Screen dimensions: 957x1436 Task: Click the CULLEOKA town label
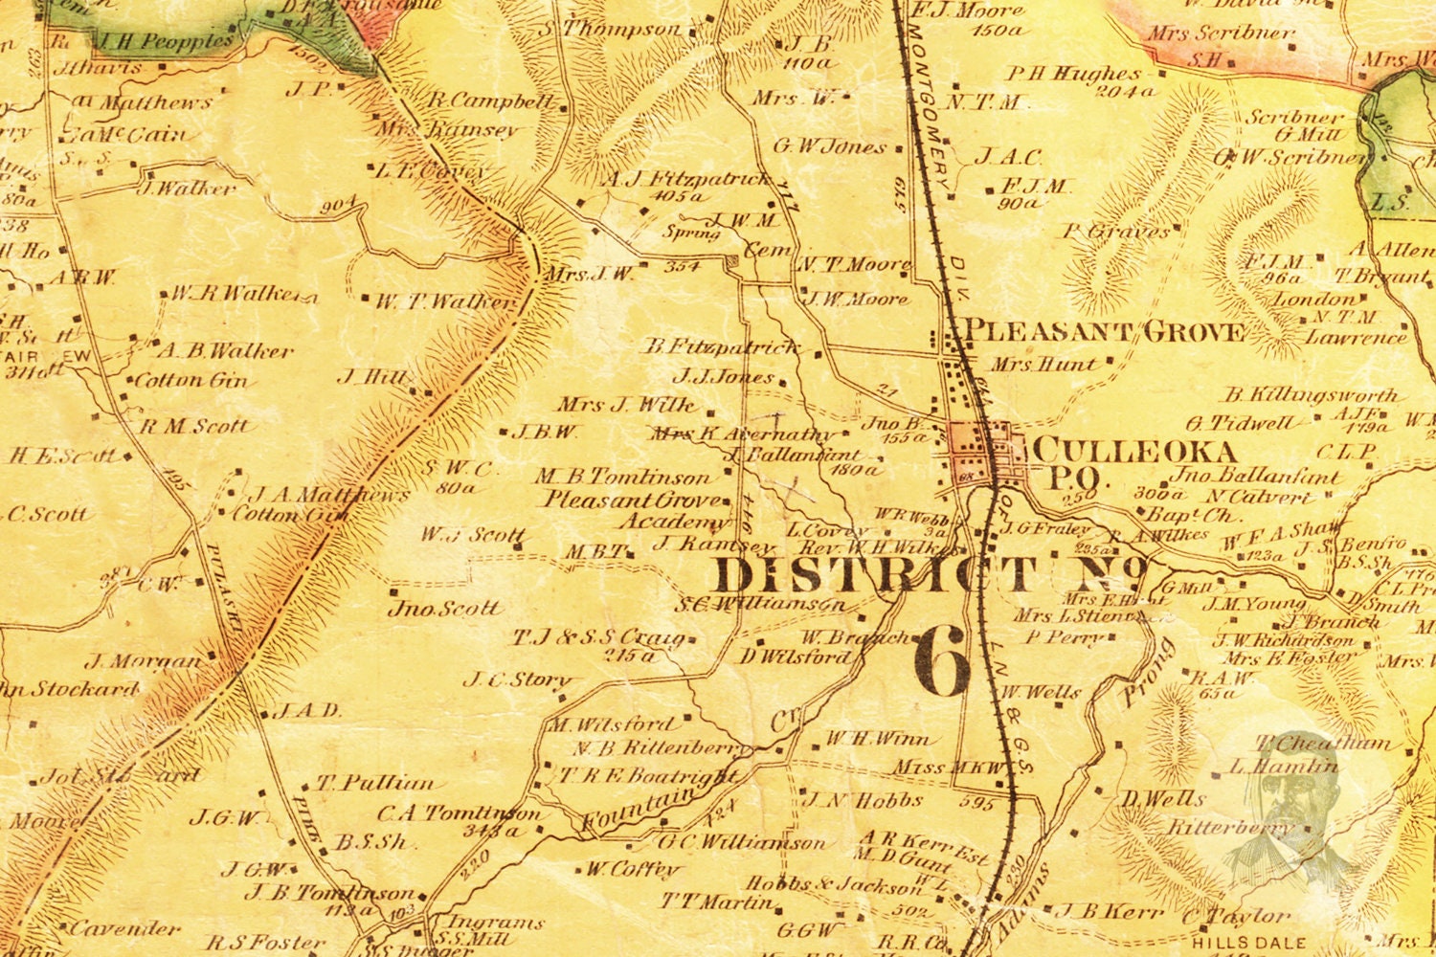point(1136,450)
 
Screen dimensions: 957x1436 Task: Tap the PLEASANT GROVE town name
point(1104,332)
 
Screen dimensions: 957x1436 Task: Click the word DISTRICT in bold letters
point(876,576)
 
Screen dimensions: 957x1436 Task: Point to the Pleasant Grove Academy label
point(635,510)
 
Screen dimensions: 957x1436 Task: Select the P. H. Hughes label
point(1074,74)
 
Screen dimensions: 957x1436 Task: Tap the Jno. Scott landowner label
point(444,608)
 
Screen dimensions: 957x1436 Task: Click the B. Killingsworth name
point(1312,394)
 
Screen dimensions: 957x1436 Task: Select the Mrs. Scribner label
point(1220,33)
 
